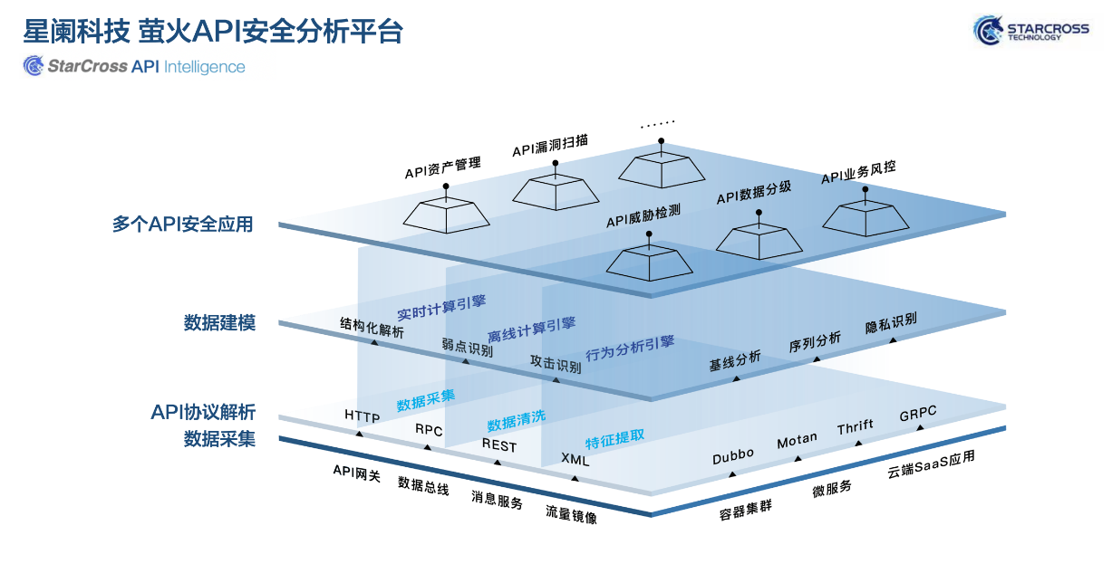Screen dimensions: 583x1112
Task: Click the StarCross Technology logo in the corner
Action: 1030,31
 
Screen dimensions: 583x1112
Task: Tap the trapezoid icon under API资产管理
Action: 446,214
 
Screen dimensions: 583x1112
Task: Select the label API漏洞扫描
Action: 550,145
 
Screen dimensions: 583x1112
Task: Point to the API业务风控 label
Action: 864,172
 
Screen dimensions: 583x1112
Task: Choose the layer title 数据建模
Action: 219,323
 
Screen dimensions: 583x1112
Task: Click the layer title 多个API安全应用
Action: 182,225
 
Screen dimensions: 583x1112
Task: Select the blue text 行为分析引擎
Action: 630,348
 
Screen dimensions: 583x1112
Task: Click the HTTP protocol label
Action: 363,416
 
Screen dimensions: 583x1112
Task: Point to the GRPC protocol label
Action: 918,414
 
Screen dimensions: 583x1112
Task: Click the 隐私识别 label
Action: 891,323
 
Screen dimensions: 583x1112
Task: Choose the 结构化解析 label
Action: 372,327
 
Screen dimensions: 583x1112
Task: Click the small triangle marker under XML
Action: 573,478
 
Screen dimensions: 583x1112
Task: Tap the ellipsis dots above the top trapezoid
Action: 659,125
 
